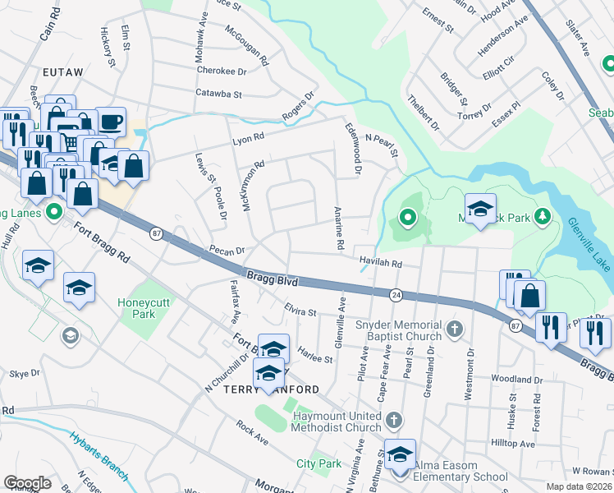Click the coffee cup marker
(x=111, y=122)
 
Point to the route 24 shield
(x=396, y=294)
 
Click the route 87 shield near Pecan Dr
(x=158, y=234)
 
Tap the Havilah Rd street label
(x=380, y=264)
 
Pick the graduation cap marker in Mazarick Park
(x=480, y=209)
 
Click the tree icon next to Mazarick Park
(x=542, y=217)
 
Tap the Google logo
(x=27, y=483)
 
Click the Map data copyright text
(x=580, y=486)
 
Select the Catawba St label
(x=218, y=94)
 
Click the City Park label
(x=318, y=464)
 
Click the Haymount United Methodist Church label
(x=337, y=422)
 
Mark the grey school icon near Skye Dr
(x=71, y=335)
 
